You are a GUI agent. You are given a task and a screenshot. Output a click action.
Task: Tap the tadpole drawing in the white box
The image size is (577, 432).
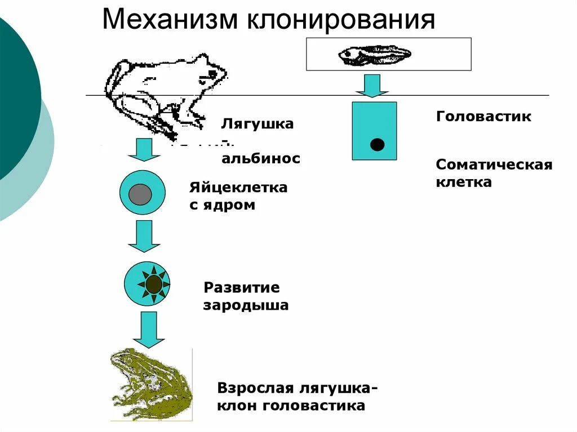click(374, 55)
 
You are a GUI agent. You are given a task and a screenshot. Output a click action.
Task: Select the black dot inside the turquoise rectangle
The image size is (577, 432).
click(377, 144)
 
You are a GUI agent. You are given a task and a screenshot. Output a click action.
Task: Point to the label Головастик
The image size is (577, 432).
click(483, 117)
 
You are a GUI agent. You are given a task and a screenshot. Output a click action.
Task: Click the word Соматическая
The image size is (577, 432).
click(494, 165)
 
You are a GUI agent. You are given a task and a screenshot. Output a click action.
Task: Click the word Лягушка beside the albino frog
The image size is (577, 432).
click(258, 123)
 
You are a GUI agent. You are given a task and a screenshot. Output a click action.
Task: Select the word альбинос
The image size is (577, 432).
click(260, 159)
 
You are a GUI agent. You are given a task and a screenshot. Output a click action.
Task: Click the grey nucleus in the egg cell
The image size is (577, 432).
click(140, 194)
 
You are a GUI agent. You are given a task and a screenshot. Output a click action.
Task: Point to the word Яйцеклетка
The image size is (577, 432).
click(238, 188)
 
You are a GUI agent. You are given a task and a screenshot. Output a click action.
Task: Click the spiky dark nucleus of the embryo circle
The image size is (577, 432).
click(153, 284)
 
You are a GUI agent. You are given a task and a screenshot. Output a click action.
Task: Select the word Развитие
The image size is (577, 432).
click(241, 288)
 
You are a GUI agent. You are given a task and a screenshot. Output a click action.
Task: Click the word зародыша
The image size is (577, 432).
click(246, 306)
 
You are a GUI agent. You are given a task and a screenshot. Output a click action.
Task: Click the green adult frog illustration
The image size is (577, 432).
click(151, 384)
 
